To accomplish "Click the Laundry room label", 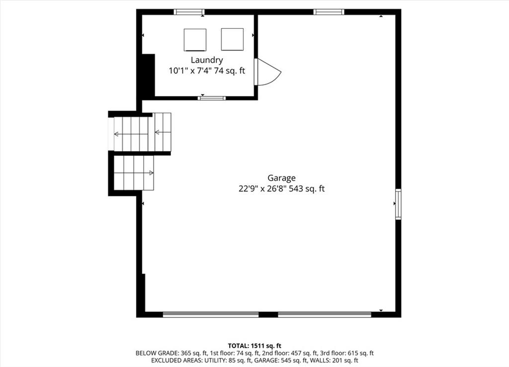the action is click(207, 60).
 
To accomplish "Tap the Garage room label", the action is click(281, 178).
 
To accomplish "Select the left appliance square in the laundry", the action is click(195, 40).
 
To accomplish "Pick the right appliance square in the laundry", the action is click(233, 39).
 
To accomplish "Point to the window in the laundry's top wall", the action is click(189, 12).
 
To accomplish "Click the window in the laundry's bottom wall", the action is click(212, 98).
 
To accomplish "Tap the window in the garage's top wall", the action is click(329, 12).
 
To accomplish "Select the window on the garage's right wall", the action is click(398, 204).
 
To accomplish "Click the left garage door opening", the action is click(211, 314).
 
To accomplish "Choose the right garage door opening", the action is click(325, 314).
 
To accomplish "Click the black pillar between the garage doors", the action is click(268, 314).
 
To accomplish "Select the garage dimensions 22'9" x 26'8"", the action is click(262, 188).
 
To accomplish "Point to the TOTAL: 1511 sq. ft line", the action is click(254, 346).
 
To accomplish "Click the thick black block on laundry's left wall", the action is click(148, 75).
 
